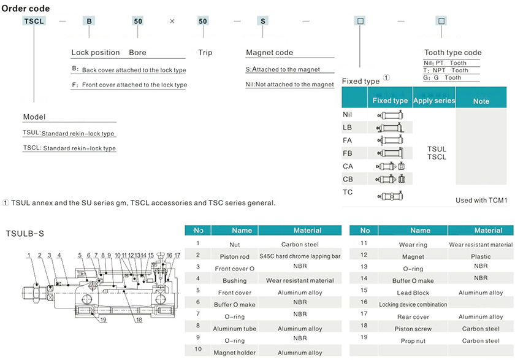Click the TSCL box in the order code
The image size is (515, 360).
click(34, 21)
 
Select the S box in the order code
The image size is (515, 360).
click(262, 21)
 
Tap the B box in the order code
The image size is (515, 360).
click(89, 21)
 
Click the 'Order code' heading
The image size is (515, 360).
click(26, 8)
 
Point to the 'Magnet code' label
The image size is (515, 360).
click(269, 53)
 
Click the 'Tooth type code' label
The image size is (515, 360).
click(452, 53)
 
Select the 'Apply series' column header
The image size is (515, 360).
click(433, 101)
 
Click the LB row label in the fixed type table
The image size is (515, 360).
click(348, 128)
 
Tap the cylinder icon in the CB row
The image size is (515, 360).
click(391, 179)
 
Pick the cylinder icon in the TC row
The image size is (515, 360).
click(391, 196)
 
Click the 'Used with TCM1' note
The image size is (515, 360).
click(481, 201)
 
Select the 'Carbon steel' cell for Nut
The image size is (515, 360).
click(299, 244)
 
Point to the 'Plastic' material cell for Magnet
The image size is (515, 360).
click(480, 256)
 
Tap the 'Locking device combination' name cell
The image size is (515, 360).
click(413, 304)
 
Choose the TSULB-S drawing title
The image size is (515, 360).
click(25, 234)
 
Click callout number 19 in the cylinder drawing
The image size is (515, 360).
click(103, 320)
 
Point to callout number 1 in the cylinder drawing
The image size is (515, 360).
click(28, 255)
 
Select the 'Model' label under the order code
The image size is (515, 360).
click(34, 117)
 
